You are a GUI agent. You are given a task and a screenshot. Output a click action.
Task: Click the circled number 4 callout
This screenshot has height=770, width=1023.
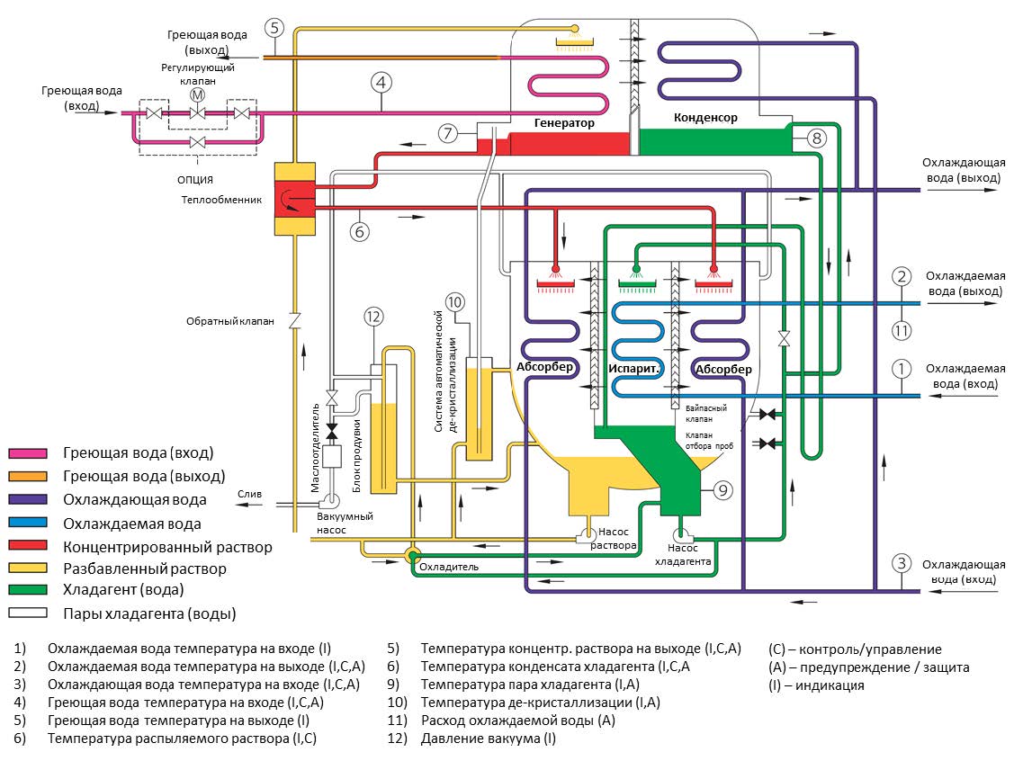click(x=381, y=82)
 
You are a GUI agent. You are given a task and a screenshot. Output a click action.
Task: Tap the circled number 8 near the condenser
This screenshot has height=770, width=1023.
click(x=815, y=138)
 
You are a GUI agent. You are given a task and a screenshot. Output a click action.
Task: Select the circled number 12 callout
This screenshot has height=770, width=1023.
click(x=373, y=316)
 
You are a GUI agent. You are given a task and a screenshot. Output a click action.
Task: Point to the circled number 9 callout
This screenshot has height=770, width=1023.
click(x=725, y=489)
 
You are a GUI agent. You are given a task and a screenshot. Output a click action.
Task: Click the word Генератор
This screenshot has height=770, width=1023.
click(x=564, y=122)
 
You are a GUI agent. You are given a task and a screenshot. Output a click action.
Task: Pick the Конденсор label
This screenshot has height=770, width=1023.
click(x=705, y=118)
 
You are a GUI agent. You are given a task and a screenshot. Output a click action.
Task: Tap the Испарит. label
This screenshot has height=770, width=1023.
click(x=635, y=369)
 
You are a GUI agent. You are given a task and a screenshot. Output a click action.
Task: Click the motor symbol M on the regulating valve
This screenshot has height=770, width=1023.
click(x=196, y=95)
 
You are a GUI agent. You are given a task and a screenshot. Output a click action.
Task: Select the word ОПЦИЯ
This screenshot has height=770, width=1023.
click(x=196, y=180)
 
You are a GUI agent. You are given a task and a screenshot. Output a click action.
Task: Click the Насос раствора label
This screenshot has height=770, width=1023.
click(x=615, y=539)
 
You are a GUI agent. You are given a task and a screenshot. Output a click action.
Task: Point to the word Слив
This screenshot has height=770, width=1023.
click(x=249, y=494)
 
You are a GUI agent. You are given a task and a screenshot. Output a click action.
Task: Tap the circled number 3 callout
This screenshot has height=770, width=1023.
click(x=902, y=564)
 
